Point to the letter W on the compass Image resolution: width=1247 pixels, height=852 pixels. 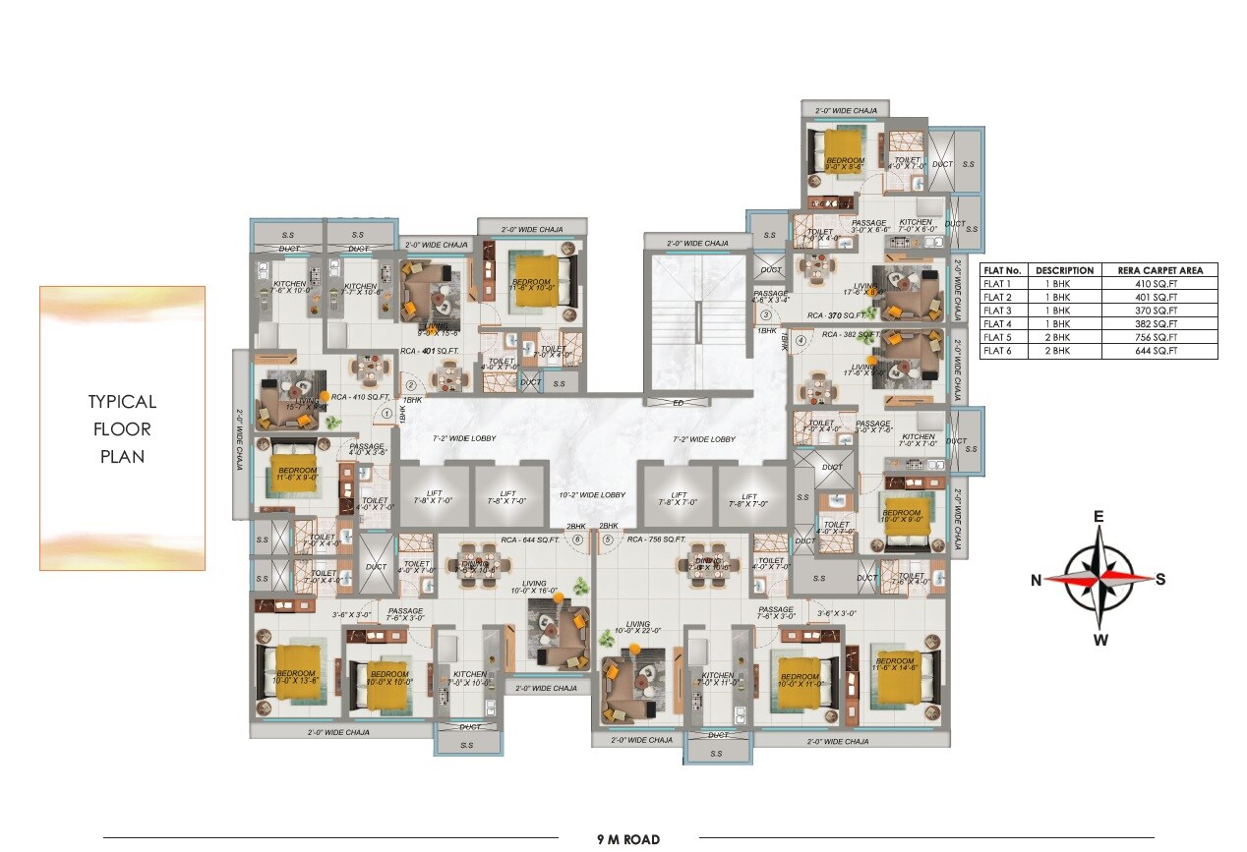click(1100, 642)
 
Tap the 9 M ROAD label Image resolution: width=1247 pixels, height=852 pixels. click(628, 839)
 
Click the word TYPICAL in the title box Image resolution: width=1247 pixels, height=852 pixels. click(122, 402)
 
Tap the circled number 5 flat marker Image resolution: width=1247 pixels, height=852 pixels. click(608, 540)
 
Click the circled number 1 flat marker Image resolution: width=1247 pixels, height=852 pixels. click(386, 414)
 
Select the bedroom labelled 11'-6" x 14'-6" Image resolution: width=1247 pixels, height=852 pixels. click(896, 665)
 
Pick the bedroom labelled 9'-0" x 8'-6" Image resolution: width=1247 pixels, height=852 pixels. click(845, 164)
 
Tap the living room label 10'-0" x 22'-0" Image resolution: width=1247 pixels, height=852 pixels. click(639, 628)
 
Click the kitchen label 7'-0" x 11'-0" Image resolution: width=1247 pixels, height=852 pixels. click(717, 679)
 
